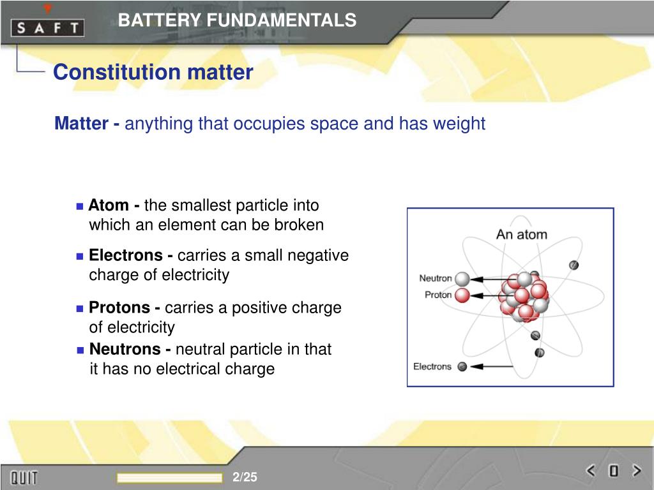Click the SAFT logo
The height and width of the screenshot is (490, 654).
tap(47, 27)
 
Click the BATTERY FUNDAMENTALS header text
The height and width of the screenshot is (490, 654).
tap(237, 20)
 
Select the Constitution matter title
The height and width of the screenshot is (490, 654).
tap(153, 72)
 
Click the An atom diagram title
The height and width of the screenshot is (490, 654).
tap(521, 234)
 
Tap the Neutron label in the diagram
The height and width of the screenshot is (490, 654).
tap(435, 278)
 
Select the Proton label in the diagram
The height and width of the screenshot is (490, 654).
tap(437, 295)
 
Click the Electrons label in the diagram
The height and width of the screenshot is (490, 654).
tap(432, 366)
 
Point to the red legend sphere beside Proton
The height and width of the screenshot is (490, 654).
tap(462, 295)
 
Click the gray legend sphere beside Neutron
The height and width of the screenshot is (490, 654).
tap(462, 279)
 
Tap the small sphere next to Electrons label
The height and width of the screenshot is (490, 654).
tap(462, 366)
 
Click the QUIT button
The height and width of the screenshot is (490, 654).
tap(24, 477)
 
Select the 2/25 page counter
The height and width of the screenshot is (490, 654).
tap(245, 477)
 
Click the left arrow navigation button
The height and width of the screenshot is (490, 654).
tap(591, 471)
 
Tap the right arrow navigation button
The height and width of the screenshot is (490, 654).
tap(635, 471)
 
